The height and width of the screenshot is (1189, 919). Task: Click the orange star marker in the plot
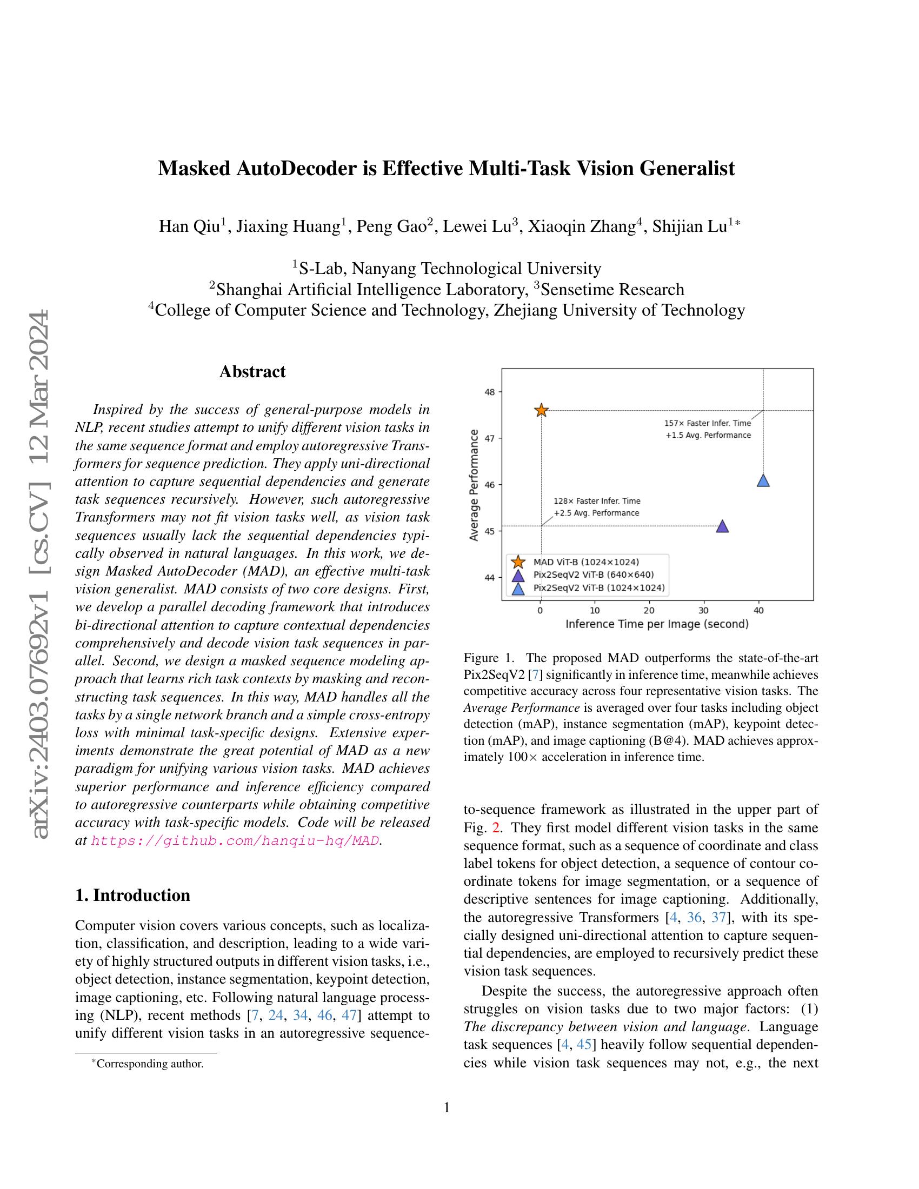[x=541, y=411]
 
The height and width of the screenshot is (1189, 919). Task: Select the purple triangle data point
[x=722, y=526]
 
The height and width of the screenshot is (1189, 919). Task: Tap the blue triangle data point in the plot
[x=763, y=480]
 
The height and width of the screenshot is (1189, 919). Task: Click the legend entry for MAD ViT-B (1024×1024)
[x=586, y=562]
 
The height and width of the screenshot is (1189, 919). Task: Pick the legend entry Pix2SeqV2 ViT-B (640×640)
[x=594, y=575]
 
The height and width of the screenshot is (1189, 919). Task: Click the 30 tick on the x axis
[x=704, y=610]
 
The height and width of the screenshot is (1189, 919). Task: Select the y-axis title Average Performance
[x=474, y=485]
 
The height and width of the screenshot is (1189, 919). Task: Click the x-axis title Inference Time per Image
[x=657, y=624]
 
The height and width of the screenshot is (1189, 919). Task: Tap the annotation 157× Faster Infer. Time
[x=707, y=423]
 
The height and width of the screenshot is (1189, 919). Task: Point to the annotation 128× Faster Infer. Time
[x=597, y=501]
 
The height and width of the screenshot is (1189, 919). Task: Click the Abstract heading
[x=252, y=372]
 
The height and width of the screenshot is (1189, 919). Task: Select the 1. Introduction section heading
[x=133, y=896]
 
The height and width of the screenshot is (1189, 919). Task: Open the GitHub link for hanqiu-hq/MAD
[x=235, y=840]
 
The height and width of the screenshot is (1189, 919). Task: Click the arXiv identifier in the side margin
[x=42, y=575]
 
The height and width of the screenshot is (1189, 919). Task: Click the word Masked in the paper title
[x=194, y=169]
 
